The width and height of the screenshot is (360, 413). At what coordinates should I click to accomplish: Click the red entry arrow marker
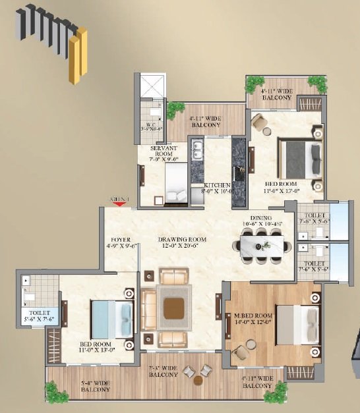[x=119, y=204]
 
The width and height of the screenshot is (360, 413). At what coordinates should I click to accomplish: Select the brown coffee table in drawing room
[x=173, y=308]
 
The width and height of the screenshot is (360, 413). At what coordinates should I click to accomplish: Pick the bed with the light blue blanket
[x=105, y=319]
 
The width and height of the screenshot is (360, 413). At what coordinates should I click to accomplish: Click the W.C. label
[x=152, y=124]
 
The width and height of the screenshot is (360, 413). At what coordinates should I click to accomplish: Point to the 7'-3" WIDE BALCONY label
[x=163, y=371]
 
